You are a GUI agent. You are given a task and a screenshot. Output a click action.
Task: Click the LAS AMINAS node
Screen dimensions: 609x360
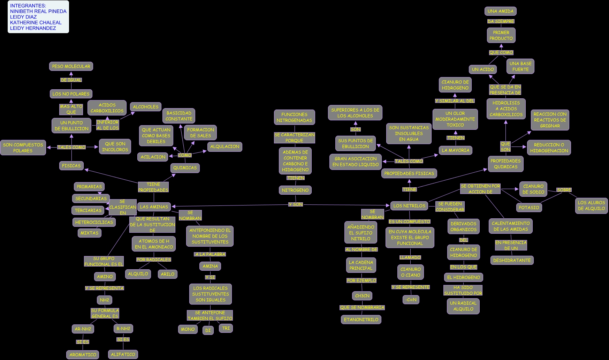154,207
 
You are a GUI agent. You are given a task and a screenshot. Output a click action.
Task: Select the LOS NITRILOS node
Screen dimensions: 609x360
409,206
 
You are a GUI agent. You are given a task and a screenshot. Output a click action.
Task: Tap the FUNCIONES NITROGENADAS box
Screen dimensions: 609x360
294,117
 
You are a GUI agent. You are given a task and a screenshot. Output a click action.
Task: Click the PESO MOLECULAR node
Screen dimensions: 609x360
71,66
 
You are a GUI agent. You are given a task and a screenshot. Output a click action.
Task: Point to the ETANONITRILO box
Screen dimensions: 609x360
361,320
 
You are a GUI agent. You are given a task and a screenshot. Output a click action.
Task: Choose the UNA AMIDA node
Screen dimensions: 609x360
500,11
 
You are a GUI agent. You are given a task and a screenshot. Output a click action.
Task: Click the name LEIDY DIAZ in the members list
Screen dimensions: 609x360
23,17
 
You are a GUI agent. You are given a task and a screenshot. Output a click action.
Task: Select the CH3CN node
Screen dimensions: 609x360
362,296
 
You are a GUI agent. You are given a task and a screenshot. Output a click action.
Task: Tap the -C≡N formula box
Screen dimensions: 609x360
411,300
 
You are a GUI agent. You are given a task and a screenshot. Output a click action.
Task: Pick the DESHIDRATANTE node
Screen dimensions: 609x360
512,260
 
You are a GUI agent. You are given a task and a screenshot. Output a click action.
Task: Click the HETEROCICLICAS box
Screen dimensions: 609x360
94,222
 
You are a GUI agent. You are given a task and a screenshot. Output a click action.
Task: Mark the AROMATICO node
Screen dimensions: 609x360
83,355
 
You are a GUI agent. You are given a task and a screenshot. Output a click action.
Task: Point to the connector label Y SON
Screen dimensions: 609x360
296,204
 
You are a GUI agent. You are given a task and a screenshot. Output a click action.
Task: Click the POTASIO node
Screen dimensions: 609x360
529,208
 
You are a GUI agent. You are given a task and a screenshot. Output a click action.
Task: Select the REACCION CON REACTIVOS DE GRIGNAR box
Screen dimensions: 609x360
550,120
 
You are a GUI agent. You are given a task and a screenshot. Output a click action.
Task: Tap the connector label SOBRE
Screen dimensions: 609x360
564,190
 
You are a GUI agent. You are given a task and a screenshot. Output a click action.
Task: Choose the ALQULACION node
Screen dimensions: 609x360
225,147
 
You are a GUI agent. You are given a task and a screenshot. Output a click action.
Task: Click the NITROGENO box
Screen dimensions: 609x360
295,190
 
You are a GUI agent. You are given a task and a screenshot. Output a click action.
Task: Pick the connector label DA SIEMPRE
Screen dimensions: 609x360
501,21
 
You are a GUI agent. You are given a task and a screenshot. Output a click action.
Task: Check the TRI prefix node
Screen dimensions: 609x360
226,328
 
